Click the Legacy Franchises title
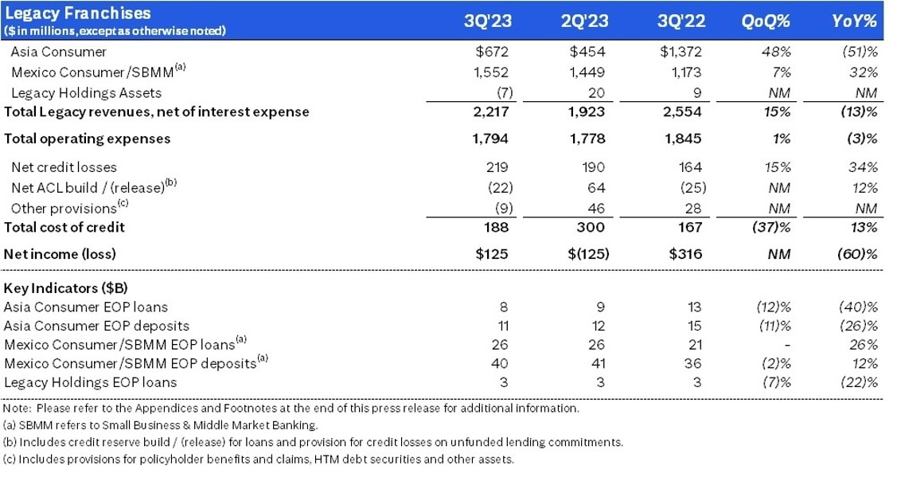tap(77, 14)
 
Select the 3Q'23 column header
tap(488, 22)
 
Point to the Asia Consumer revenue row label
tap(58, 52)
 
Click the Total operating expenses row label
tap(88, 139)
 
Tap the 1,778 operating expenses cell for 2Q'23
tap(587, 139)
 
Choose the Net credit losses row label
tap(64, 167)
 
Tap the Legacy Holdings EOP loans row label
tap(91, 382)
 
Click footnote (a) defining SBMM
tap(161, 425)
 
